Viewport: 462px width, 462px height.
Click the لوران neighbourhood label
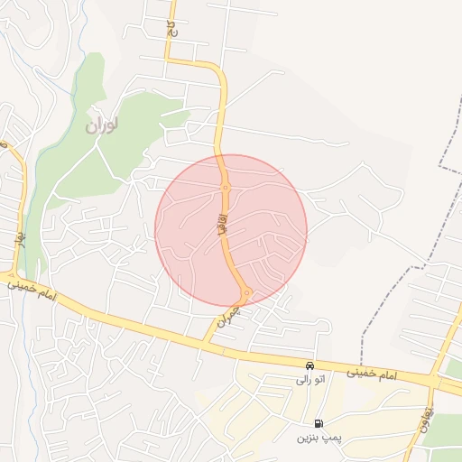pyautogui.click(x=101, y=125)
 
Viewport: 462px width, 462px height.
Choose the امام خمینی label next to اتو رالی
pyautogui.click(x=372, y=373)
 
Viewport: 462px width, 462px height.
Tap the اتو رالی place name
pyautogui.click(x=310, y=380)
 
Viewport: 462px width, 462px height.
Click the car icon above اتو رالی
pyautogui.click(x=310, y=366)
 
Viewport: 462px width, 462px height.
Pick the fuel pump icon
pyautogui.click(x=319, y=423)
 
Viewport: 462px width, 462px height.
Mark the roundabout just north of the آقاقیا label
pyautogui.click(x=225, y=188)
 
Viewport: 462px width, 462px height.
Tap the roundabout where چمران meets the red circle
pyautogui.click(x=245, y=292)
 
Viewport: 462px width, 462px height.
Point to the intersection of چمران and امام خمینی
pyautogui.click(x=203, y=343)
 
